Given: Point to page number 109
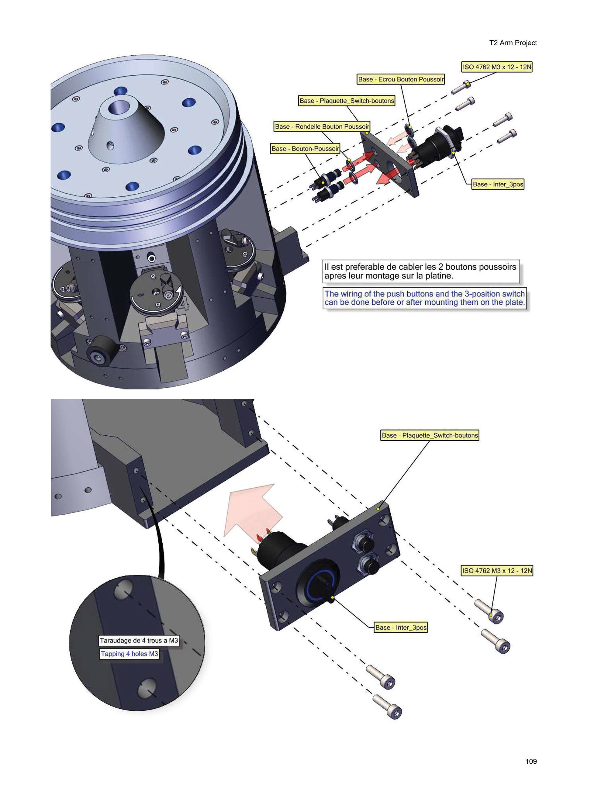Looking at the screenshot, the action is coord(531,761).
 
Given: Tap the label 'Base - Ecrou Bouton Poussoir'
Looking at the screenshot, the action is coord(401,79).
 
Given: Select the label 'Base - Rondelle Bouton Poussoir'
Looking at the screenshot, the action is coord(322,126).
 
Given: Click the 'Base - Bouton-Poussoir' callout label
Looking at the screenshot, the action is coord(305,149).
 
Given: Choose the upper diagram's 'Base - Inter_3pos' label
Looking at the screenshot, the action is coord(498,184).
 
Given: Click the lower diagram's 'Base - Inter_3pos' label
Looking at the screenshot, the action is coord(401,627).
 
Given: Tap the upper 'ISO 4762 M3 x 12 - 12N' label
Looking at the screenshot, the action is coord(497,67).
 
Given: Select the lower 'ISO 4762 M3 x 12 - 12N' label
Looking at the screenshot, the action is coord(497,571).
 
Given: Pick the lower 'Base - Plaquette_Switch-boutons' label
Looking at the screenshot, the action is coord(430,435).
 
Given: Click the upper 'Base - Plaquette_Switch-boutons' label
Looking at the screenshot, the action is coord(347,101).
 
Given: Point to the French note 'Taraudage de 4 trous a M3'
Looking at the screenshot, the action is coord(139,640).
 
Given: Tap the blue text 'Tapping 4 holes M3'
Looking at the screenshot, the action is coord(130,654).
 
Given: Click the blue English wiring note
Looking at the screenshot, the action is coord(425,298).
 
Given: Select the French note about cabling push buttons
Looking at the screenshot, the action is coord(421,271).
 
